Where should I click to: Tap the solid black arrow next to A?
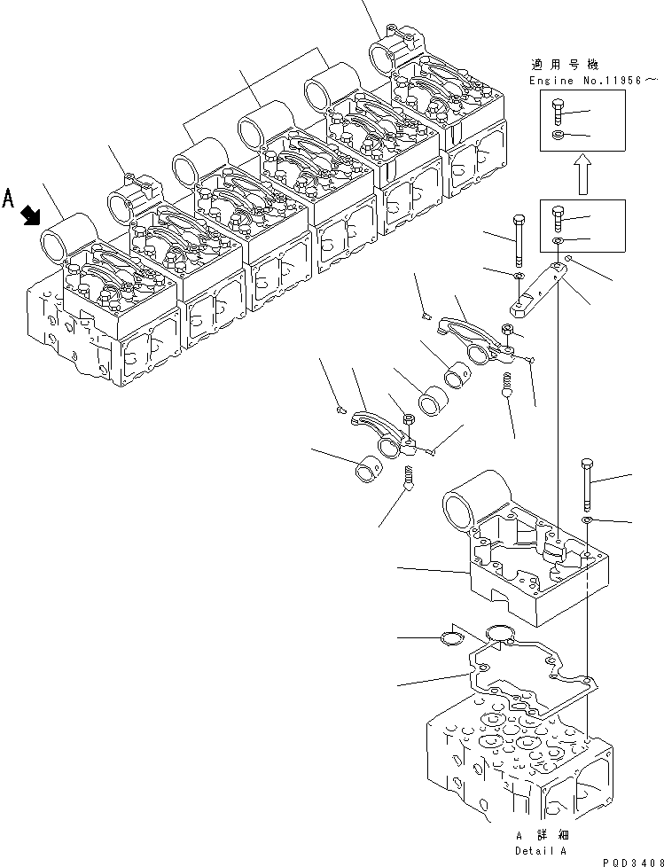(31, 214)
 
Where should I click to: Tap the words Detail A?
(540, 848)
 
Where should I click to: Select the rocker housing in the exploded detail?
(523, 558)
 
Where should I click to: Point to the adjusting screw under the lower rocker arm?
(409, 480)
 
